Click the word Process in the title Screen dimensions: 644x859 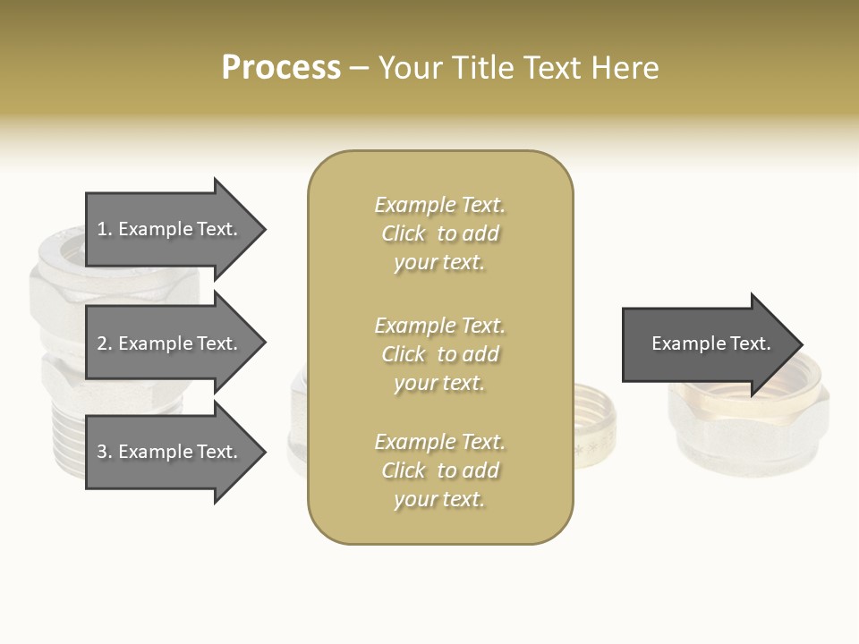[x=281, y=68]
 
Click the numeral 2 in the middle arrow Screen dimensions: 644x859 [x=102, y=343]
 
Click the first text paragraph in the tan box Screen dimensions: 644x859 [x=439, y=233]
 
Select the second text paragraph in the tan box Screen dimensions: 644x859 [x=439, y=354]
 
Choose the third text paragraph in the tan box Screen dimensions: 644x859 [x=439, y=470]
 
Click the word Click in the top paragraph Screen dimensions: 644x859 [x=404, y=233]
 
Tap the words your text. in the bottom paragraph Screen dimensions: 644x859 [x=439, y=499]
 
